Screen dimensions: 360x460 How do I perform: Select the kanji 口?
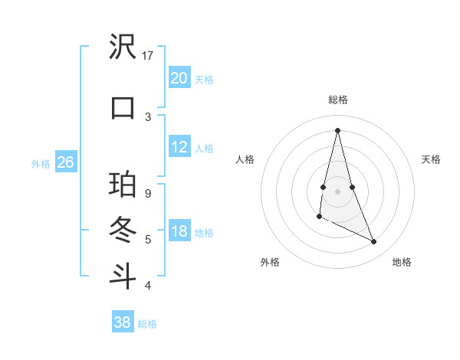point(123,106)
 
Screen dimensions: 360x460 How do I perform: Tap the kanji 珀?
point(123,185)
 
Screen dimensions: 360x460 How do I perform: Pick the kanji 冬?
point(123,229)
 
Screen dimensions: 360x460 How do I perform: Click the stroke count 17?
point(148,56)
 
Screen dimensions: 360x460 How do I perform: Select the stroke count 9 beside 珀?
point(148,194)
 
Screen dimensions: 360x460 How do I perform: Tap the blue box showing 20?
point(179,77)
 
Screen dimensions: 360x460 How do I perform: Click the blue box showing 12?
point(179,147)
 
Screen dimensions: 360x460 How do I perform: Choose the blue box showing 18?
point(179,231)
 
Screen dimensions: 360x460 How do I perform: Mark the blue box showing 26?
point(65,162)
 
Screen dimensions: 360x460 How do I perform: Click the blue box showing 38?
point(122,322)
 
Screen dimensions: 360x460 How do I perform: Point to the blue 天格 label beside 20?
point(204,79)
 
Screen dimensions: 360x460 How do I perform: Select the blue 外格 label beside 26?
point(41,163)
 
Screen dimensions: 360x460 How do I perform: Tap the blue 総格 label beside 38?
point(147,324)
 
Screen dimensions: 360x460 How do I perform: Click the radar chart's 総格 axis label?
point(337,100)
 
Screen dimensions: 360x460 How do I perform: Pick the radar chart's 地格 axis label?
point(402,262)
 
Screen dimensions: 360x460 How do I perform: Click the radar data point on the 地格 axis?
point(374,242)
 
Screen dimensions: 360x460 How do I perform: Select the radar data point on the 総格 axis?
point(337,129)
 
